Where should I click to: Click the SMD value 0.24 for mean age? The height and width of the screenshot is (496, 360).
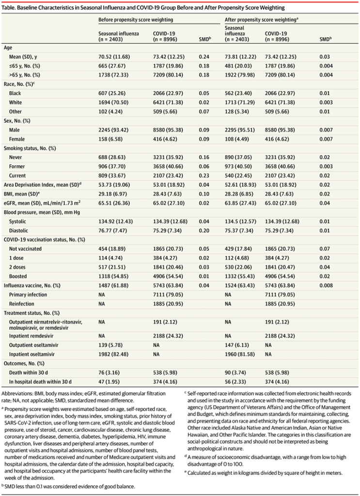pyautogui.click(x=203, y=56)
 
